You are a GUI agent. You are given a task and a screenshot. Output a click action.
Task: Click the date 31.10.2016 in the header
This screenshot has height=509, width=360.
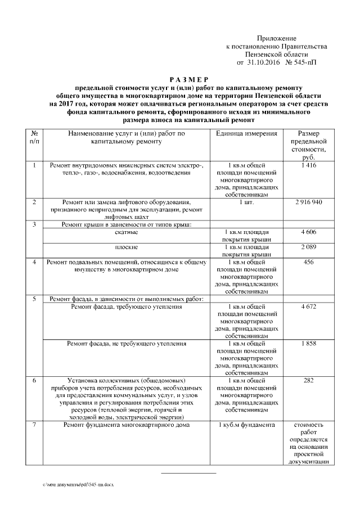point(263,63)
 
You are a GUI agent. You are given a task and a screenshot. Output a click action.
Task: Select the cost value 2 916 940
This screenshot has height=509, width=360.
point(309,201)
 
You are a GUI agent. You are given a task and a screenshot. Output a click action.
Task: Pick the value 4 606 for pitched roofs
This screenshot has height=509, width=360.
point(309,232)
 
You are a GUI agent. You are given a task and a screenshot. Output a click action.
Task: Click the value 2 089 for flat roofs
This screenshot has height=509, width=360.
point(309,247)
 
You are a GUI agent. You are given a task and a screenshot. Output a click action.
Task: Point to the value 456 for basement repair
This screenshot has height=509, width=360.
point(309,262)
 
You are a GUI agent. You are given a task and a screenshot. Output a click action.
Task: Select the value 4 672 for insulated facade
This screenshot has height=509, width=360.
point(309,307)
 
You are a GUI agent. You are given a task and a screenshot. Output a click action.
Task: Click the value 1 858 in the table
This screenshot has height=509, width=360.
point(309,343)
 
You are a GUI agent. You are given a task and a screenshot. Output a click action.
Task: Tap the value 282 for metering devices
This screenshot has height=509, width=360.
point(309,381)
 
